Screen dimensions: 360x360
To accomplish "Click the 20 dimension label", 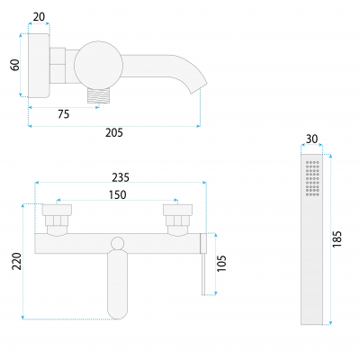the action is pos(39,17).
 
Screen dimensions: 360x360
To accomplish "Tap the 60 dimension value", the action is pos(15,65).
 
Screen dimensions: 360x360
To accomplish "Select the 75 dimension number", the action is pos(64,114).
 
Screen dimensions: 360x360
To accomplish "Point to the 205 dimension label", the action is pos(114,132).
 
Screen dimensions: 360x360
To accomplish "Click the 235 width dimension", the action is pos(121,177).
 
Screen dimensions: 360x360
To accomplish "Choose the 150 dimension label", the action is pos(117,194).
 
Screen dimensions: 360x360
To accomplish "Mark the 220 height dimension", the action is pos(17,261).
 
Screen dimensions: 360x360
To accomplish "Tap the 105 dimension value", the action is pos(221,264).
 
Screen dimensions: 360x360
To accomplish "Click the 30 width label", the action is pos(311,139).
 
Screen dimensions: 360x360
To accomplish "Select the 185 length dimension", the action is pos(337,239).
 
